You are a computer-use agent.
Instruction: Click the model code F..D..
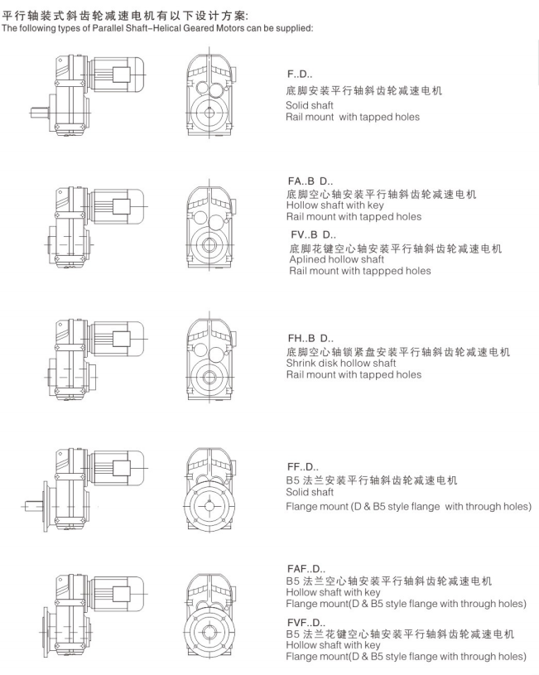tap(300, 75)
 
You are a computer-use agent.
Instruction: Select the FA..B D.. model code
tap(310, 181)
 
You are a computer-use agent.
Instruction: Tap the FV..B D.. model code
tap(314, 235)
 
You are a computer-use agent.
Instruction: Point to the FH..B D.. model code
tap(310, 339)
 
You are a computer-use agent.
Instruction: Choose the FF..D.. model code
tap(303, 467)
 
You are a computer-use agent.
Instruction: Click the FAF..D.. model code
tap(306, 569)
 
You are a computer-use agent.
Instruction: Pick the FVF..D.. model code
tap(306, 623)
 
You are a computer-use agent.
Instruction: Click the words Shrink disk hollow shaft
tap(341, 363)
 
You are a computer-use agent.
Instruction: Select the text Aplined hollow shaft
tap(337, 259)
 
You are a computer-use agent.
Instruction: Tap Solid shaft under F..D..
tap(310, 105)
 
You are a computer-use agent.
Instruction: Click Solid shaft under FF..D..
tap(310, 492)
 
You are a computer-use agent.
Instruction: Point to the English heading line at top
tap(157, 28)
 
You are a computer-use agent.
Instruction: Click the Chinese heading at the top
tap(125, 17)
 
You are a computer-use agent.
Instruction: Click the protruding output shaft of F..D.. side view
tap(41, 113)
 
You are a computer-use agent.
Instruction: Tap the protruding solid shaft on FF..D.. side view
tap(33, 507)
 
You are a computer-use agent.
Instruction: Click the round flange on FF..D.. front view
tap(209, 506)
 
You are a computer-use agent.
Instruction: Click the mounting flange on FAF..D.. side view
tap(46, 632)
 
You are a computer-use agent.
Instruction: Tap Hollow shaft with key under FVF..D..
tap(333, 645)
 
